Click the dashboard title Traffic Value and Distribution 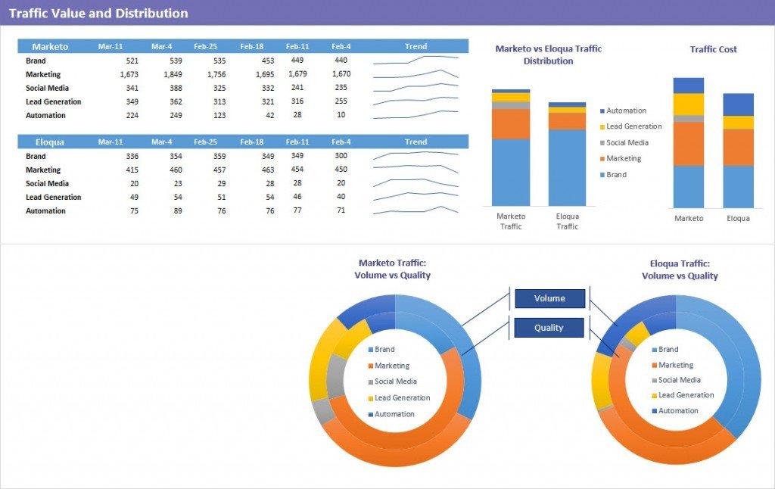coord(98,13)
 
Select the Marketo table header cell coord(50,47)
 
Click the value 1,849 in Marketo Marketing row coord(173,74)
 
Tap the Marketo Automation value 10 coord(341,115)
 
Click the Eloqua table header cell coord(50,142)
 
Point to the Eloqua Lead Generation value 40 coord(341,197)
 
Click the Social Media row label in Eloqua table coord(47,183)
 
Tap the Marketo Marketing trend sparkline coord(416,74)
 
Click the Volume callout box coord(549,298)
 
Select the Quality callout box coord(549,328)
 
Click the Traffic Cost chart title coord(713,49)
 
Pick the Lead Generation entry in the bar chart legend coord(633,126)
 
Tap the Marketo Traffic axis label coord(511,221)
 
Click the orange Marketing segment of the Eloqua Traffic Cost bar coord(738,147)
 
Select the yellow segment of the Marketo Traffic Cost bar coord(688,104)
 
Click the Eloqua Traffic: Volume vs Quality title coord(680,269)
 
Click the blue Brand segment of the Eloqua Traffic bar coord(567,167)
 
